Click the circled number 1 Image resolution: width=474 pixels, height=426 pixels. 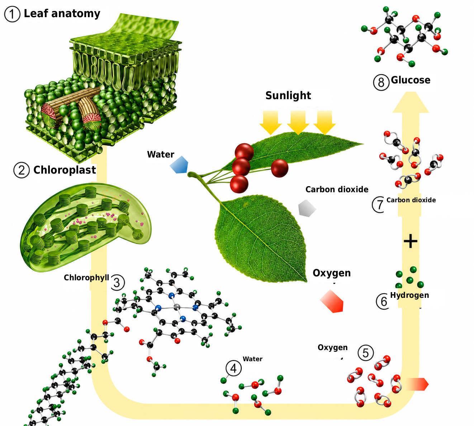[x=12, y=14]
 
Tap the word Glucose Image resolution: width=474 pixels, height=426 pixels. [x=411, y=80]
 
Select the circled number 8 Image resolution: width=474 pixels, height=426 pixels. [x=381, y=82]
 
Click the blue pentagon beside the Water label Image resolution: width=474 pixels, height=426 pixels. [x=179, y=165]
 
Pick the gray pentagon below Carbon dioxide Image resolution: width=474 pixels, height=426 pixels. [x=307, y=208]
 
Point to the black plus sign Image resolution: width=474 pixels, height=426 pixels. [x=411, y=241]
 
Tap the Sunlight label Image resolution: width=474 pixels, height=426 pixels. [x=288, y=96]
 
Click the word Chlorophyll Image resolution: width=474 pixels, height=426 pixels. [x=86, y=277]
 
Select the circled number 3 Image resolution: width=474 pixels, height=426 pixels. [x=117, y=282]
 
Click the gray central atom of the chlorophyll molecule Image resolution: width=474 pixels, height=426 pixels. [x=177, y=307]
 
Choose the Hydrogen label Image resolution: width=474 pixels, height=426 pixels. [x=409, y=295]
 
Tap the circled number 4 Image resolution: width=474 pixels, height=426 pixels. [x=233, y=368]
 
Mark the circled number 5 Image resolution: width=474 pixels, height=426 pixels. [x=366, y=353]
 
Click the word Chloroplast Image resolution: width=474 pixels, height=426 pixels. [x=65, y=170]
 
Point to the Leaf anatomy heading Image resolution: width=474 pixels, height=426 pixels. [x=62, y=14]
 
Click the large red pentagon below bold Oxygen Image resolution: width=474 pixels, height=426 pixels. [x=332, y=301]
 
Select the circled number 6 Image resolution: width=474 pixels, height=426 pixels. [x=383, y=301]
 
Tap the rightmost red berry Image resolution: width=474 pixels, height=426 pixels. [x=280, y=168]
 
